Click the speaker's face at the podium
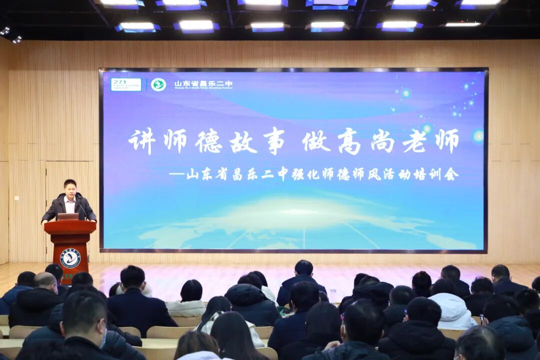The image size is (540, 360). [x=70, y=189]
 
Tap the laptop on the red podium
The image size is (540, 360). [x=68, y=216]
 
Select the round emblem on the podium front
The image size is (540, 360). [x=70, y=258]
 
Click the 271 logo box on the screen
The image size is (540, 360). [x=126, y=84]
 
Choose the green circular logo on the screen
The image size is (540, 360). [x=158, y=84]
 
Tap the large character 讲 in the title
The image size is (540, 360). [x=142, y=141]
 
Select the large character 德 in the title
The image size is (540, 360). [x=209, y=141]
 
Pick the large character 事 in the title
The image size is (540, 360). [x=272, y=141]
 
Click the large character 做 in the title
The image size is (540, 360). [x=316, y=141]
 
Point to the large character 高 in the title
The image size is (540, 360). [x=349, y=141]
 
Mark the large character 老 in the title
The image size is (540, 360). [x=414, y=141]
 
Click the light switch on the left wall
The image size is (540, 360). [x=16, y=198]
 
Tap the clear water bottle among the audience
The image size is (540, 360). [x=333, y=295]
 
